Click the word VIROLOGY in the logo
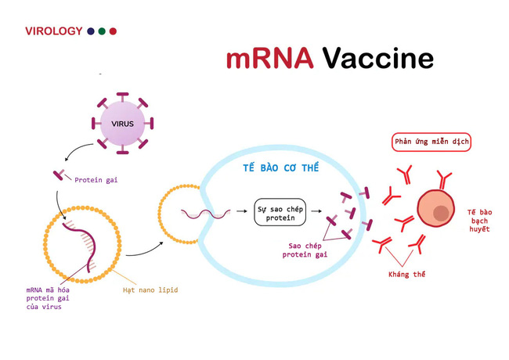53,31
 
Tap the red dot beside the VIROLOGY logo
113,31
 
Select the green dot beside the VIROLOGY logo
102,31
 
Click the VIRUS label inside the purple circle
122,123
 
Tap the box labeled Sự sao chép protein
280,212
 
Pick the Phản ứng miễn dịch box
431,142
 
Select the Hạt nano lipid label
150,290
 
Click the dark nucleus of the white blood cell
442,213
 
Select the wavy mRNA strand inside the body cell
204,212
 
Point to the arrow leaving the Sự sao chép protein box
318,212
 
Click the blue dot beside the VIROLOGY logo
91,31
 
